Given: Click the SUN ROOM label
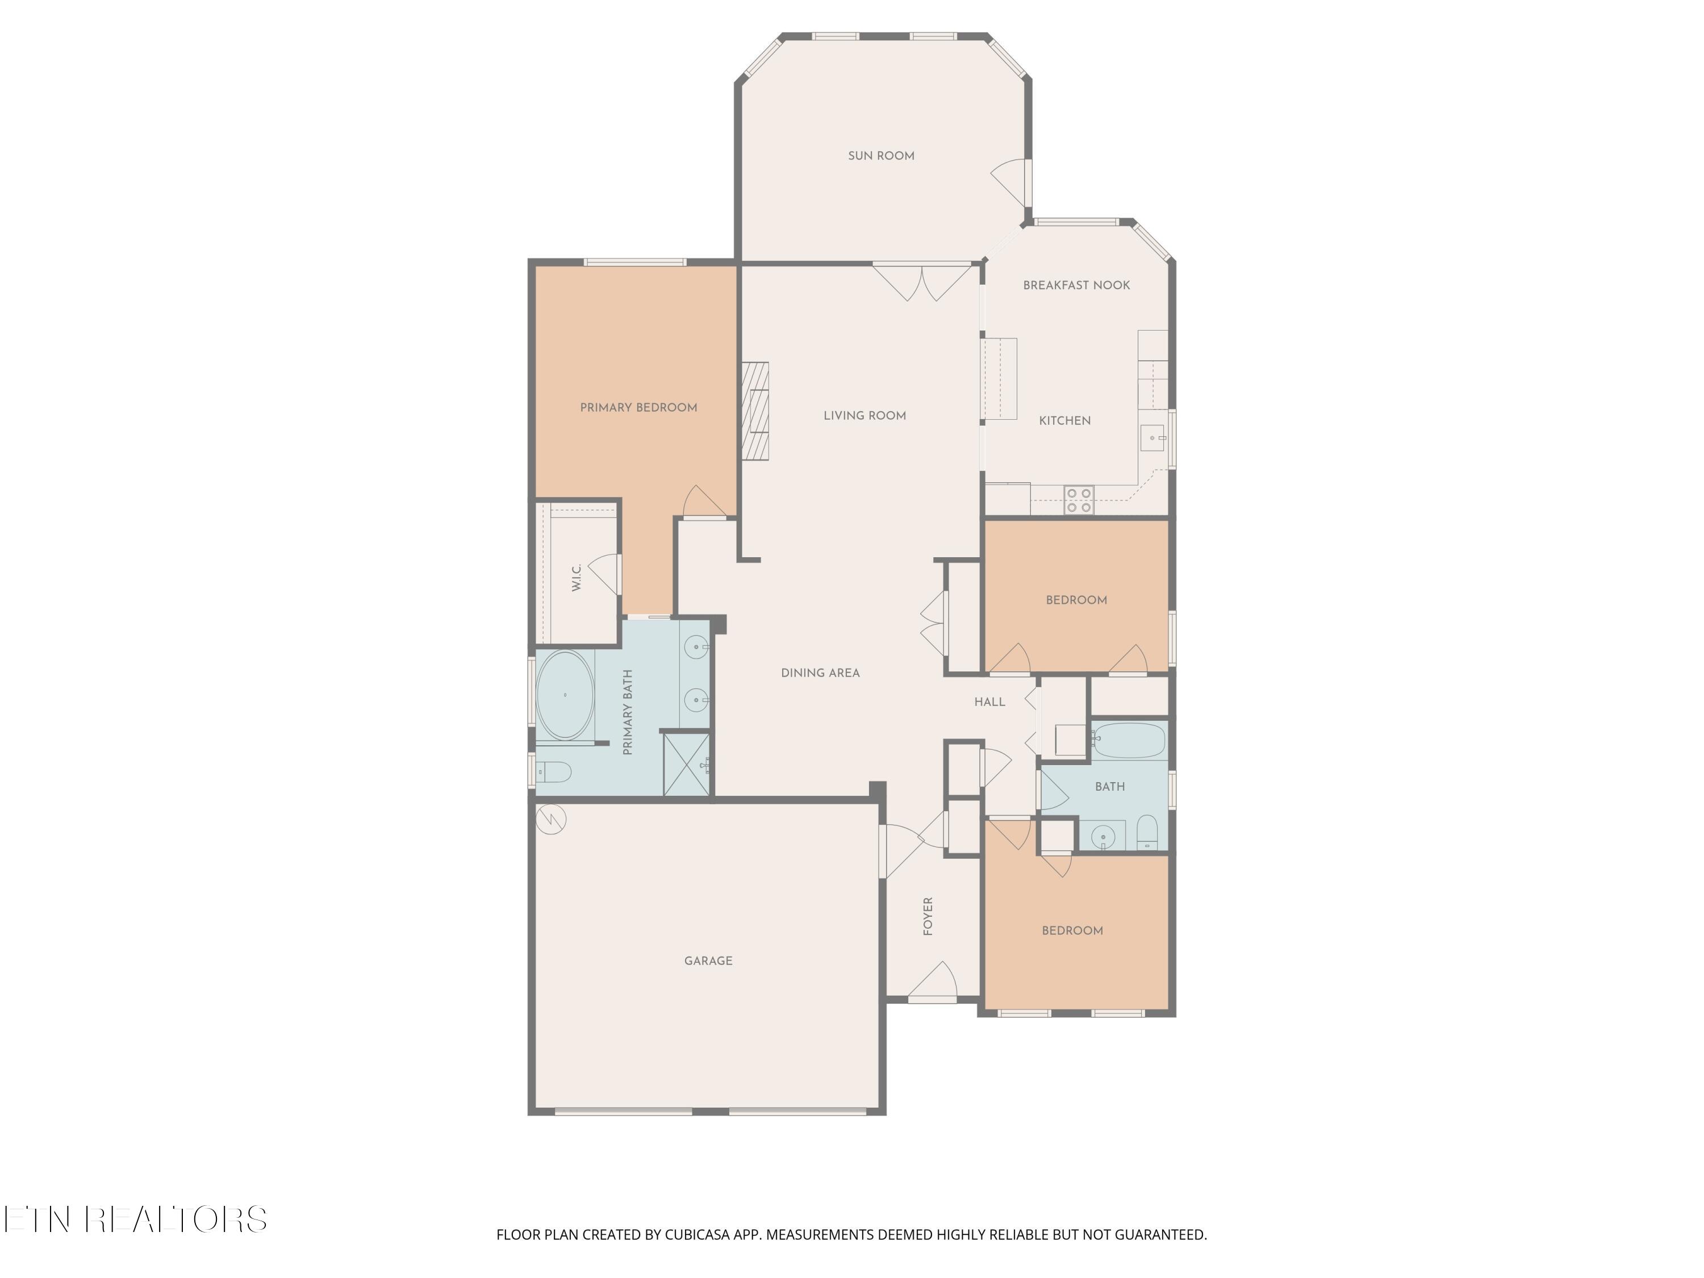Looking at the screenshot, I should [882, 156].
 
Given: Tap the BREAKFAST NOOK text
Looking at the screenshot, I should [1076, 285].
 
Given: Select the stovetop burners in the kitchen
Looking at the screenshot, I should [1079, 500].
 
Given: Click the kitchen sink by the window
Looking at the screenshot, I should [1153, 437].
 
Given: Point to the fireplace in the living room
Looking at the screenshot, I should [755, 411].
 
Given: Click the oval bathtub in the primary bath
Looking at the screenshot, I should [565, 695].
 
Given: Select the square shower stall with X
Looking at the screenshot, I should [686, 763].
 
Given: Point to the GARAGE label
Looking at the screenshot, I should [708, 960].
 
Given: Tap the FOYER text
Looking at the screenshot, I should [928, 916].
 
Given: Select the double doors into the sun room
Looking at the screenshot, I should [922, 282].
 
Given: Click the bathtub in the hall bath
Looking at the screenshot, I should [1129, 740].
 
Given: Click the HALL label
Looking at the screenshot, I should [989, 702].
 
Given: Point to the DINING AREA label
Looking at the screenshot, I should [820, 673].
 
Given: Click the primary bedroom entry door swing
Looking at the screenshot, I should [702, 503].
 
